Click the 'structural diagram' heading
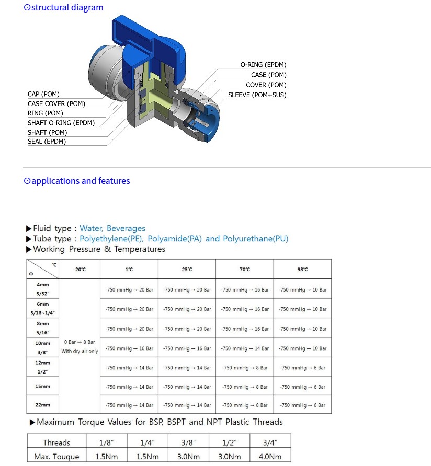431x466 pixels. click(x=63, y=8)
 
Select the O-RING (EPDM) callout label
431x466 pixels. click(x=263, y=65)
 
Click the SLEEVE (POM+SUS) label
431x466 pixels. click(x=257, y=95)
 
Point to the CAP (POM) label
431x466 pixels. click(x=43, y=94)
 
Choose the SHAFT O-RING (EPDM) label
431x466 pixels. click(x=61, y=123)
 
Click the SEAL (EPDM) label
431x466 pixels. click(x=47, y=142)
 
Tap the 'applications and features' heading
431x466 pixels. click(x=77, y=181)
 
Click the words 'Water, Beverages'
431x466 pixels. click(x=112, y=228)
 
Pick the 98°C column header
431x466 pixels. click(x=302, y=270)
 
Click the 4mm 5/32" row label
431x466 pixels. click(x=43, y=289)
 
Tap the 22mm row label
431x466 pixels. click(x=43, y=405)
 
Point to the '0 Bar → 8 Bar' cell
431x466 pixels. click(x=80, y=342)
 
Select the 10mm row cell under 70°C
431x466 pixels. click(x=245, y=348)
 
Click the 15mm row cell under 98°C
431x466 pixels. click(x=303, y=387)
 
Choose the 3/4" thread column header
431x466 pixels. click(x=269, y=442)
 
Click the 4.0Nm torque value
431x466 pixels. click(x=269, y=456)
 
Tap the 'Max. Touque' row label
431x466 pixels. click(x=56, y=456)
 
